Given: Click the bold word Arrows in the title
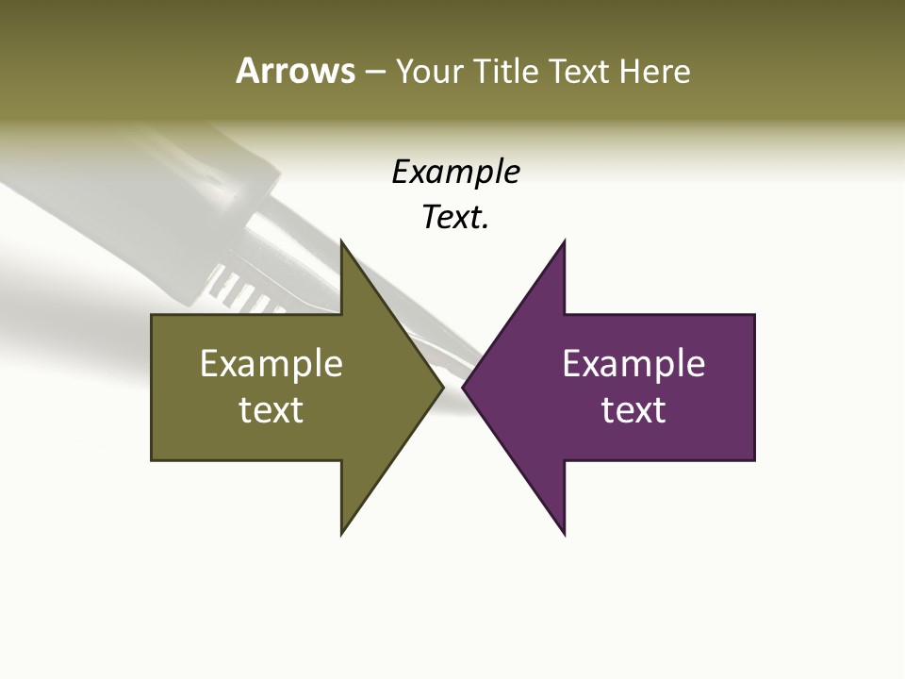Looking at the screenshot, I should point(295,71).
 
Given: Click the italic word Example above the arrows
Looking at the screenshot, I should point(455,173).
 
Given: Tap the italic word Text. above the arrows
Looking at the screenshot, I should point(455,218).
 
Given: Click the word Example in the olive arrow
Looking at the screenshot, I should point(271,364).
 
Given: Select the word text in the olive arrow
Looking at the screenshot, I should point(271,410).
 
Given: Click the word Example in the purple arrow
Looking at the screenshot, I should point(633,364).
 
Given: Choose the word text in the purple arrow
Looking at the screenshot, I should point(633,410).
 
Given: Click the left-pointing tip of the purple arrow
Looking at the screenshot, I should point(464,387).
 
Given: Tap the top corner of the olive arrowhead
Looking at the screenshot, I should point(342,242).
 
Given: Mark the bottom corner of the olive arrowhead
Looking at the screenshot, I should point(342,532).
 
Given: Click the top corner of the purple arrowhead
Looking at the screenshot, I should point(564,242).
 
